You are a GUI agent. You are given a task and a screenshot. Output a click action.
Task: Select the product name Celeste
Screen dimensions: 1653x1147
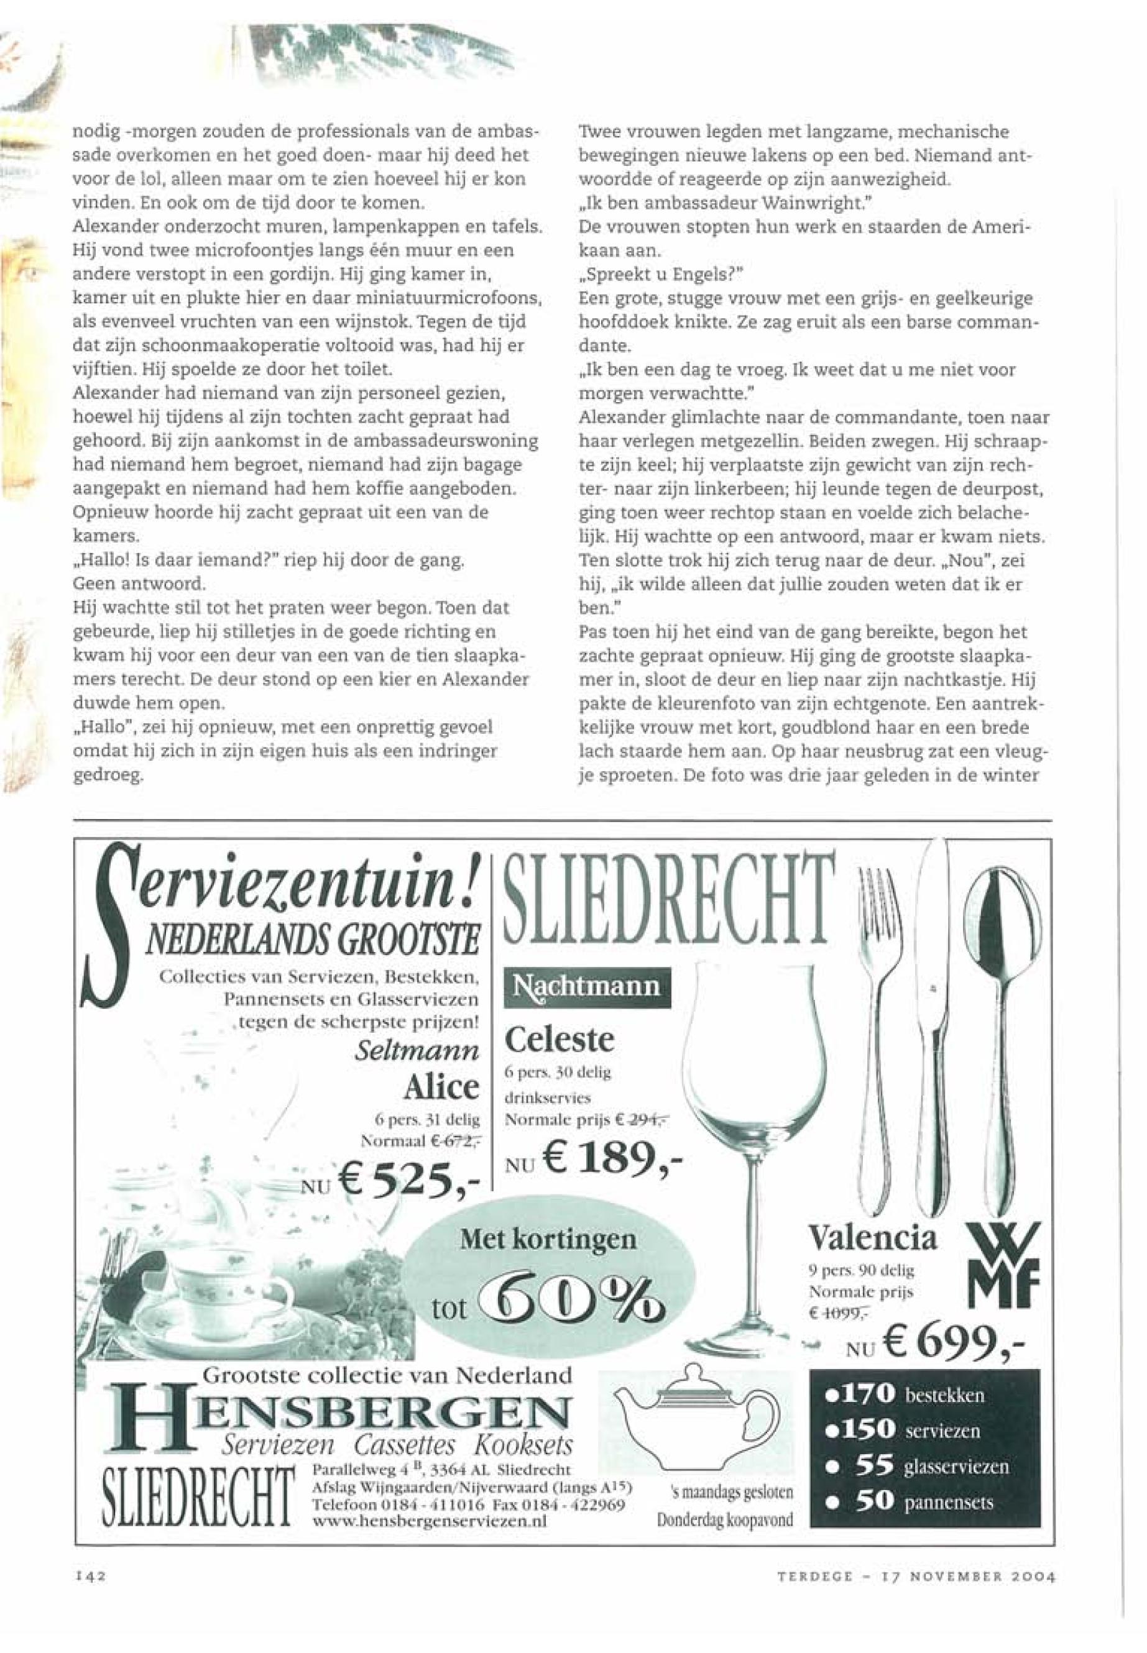coord(560,1039)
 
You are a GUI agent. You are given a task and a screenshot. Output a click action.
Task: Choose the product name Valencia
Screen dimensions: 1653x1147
coord(873,1237)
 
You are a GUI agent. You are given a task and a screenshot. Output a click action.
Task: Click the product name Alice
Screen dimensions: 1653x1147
coord(441,1086)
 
